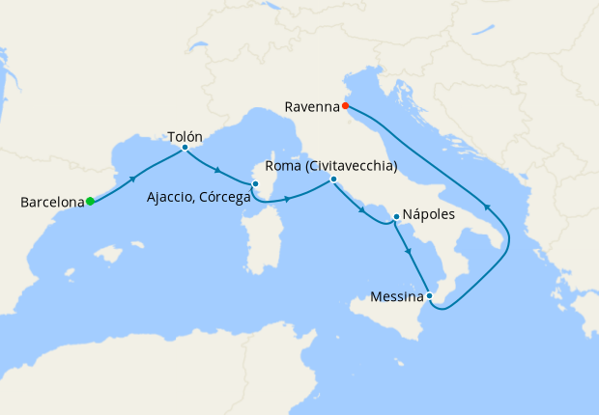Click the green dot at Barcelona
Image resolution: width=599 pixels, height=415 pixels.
point(90,201)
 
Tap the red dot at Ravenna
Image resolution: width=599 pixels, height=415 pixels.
point(345,106)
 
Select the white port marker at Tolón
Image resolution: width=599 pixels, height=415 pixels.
point(185,148)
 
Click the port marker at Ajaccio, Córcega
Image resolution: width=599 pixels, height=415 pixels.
point(255,183)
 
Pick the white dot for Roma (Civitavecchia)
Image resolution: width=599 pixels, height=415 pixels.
point(332,180)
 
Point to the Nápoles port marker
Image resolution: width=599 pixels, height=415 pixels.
point(396,216)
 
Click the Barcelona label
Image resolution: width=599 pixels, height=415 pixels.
point(52,203)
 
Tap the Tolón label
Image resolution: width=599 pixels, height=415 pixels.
point(185,137)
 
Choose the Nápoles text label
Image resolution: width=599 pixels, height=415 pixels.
point(428,215)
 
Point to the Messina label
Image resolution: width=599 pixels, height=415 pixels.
point(396,296)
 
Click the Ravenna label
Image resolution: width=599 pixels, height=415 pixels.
point(312,106)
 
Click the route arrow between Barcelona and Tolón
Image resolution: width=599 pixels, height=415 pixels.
point(132,180)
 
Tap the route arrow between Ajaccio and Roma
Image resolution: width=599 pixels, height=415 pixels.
point(287,200)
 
